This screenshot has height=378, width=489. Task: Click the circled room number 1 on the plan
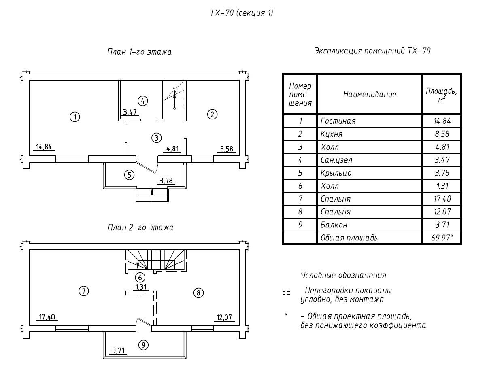pyautogui.click(x=74, y=117)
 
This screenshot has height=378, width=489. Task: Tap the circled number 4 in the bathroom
pyautogui.click(x=142, y=100)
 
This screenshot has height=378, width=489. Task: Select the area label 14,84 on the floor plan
pyautogui.click(x=44, y=147)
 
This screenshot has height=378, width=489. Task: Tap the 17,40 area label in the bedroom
pyautogui.click(x=47, y=316)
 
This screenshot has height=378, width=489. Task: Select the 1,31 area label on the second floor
pyautogui.click(x=140, y=287)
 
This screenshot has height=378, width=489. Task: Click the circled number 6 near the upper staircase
pyautogui.click(x=139, y=277)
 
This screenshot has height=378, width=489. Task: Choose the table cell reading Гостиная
pyautogui.click(x=338, y=121)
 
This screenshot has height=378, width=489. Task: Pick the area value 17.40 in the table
pyautogui.click(x=442, y=199)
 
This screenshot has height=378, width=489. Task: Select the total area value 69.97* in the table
pyautogui.click(x=442, y=238)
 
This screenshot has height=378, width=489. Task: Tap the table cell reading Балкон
pyautogui.click(x=334, y=225)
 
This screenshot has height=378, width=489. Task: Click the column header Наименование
pyautogui.click(x=370, y=94)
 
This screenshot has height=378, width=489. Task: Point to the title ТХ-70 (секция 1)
pyautogui.click(x=242, y=13)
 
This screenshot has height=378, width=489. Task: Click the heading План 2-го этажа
pyautogui.click(x=140, y=227)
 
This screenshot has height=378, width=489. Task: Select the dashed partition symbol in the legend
pyautogui.click(x=286, y=293)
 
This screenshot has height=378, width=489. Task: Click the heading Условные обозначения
pyautogui.click(x=343, y=275)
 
